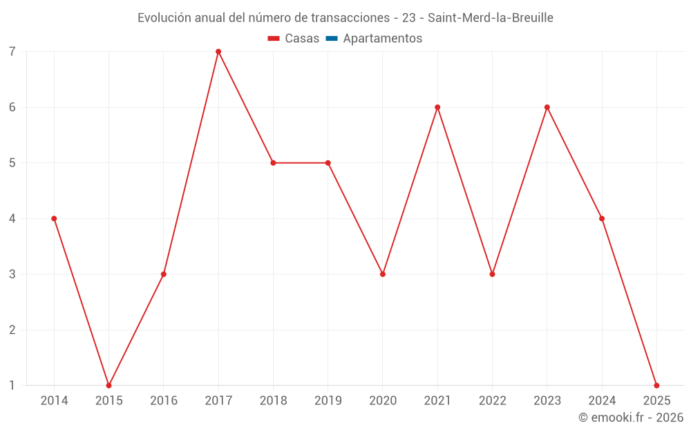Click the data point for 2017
218,52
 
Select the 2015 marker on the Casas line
108,385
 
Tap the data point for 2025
656,385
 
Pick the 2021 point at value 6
437,107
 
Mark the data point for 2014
54,218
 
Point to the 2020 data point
383,274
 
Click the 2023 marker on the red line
547,107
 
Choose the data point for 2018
273,163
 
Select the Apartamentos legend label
382,39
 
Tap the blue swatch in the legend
331,39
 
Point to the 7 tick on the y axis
12,52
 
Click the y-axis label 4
12,218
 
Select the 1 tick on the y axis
12,385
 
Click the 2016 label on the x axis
164,401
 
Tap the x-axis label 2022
492,401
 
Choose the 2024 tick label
602,401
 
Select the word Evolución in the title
164,18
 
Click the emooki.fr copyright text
631,417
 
